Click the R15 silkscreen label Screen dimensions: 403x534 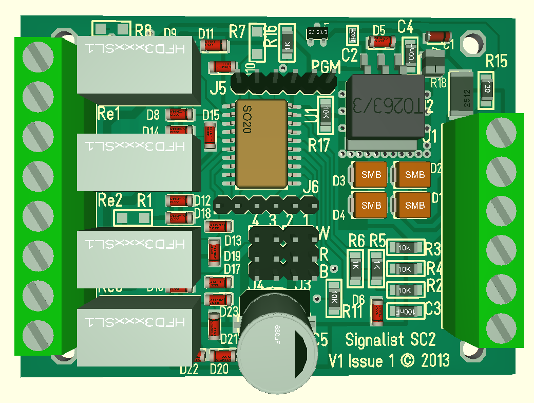pyautogui.click(x=497, y=62)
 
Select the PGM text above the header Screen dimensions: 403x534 pyautogui.click(x=326, y=67)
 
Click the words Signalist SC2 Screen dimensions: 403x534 pyautogui.click(x=390, y=340)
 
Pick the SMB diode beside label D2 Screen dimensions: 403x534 pyautogui.click(x=415, y=175)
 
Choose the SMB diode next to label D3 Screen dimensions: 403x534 pyautogui.click(x=371, y=175)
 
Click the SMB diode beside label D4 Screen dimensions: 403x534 pyautogui.click(x=371, y=205)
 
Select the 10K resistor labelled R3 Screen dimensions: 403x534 pyautogui.click(x=405, y=248)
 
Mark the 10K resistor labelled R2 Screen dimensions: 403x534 pyautogui.click(x=405, y=290)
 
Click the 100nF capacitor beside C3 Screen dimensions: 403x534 pyautogui.click(x=405, y=311)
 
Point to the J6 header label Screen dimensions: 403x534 pyautogui.click(x=311, y=187)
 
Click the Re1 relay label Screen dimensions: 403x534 pyautogui.click(x=109, y=113)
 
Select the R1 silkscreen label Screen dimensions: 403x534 pyautogui.click(x=144, y=200)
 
